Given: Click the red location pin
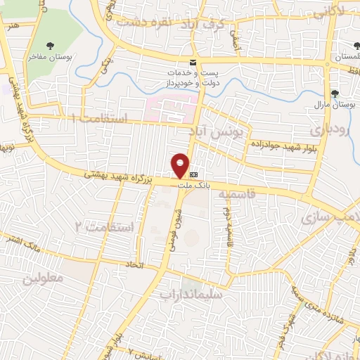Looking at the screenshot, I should (x=181, y=165).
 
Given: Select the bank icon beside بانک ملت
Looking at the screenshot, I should (x=194, y=175).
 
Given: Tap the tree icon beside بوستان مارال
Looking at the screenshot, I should (x=333, y=93).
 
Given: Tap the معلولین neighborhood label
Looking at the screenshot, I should (x=43, y=277).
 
